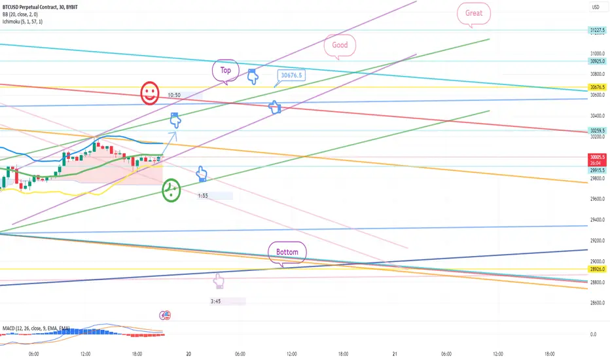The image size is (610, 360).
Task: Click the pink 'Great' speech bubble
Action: (x=473, y=13)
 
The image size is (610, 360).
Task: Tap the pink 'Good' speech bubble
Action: (x=340, y=45)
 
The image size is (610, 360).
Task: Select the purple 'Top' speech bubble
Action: (x=226, y=70)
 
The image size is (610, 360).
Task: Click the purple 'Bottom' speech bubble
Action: (x=287, y=252)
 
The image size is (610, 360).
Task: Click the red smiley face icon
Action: (x=150, y=93)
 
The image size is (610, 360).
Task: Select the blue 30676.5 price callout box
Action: (x=292, y=75)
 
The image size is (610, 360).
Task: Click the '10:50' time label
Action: (x=174, y=95)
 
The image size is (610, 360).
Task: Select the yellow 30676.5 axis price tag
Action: (x=596, y=87)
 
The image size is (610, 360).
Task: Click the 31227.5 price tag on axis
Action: (x=596, y=30)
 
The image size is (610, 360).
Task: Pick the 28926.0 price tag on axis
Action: (x=596, y=269)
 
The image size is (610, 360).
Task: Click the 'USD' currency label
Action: (x=596, y=7)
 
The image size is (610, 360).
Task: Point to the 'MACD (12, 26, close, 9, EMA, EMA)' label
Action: (x=36, y=327)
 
